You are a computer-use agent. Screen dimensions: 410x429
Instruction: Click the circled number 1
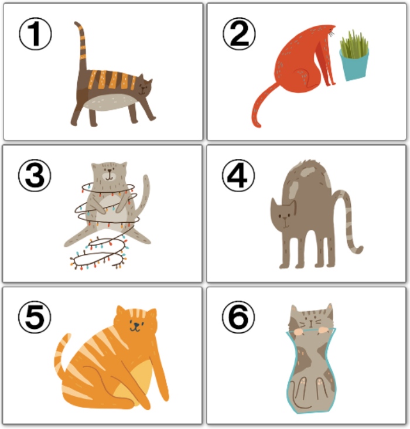[35, 34]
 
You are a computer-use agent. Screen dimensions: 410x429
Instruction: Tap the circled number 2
[239, 34]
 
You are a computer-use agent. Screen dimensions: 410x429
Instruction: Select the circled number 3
[35, 176]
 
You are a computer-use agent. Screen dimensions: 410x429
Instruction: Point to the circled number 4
[238, 176]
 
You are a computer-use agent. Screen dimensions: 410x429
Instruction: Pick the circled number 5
[35, 318]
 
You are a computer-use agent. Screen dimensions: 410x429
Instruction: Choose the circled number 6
[238, 318]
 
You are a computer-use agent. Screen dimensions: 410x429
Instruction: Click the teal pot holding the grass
[354, 65]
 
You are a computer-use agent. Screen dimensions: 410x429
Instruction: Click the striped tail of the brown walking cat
[81, 46]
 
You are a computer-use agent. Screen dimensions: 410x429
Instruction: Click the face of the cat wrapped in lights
[110, 173]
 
